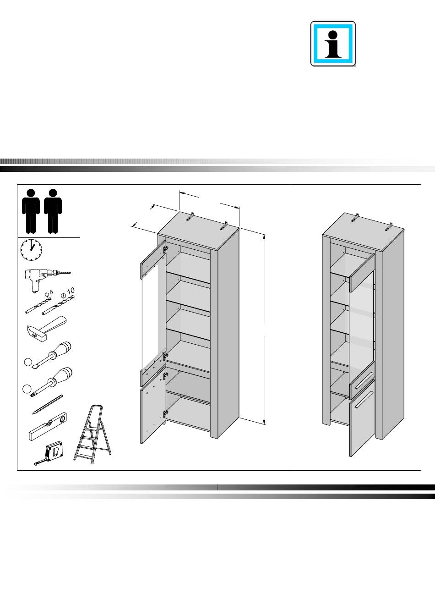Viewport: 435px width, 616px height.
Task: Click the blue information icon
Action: click(333, 44)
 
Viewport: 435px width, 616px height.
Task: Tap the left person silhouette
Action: click(31, 211)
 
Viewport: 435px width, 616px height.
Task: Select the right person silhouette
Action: click(53, 211)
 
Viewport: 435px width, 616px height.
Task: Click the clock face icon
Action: click(31, 250)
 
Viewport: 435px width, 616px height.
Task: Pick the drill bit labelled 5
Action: click(38, 305)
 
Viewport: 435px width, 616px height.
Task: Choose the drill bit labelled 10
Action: click(58, 305)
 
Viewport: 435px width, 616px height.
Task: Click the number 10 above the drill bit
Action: click(71, 291)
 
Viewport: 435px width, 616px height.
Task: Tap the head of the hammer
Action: click(36, 333)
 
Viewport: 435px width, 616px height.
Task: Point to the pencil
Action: click(47, 405)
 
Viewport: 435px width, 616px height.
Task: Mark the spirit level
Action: click(48, 426)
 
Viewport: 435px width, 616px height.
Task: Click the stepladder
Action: click(93, 434)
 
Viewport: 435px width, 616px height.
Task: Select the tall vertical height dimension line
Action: click(264, 330)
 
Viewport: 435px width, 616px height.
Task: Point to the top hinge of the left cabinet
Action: click(165, 249)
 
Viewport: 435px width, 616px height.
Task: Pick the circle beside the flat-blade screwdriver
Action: click(28, 362)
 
